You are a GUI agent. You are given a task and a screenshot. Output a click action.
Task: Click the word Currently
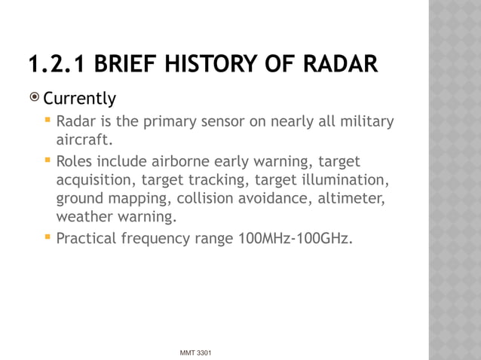coord(79,99)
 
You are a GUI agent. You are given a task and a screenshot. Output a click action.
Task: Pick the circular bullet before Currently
coord(34,99)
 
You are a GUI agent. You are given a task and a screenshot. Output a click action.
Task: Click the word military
coord(366,122)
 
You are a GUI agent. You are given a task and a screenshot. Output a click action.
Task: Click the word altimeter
coord(353,199)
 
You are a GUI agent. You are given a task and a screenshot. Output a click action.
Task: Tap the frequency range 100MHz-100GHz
coord(294,239)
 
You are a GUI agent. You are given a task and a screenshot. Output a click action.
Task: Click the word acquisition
coord(97,180)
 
